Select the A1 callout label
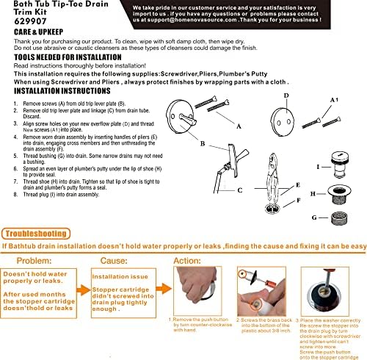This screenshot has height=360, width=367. coord(337,98)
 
